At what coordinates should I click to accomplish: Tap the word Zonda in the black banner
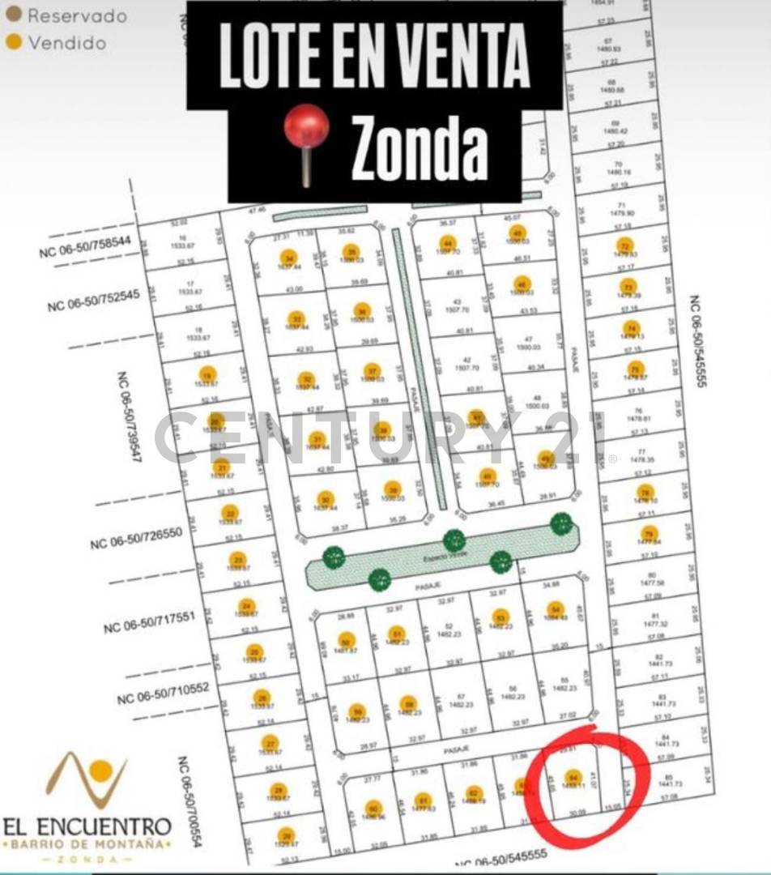click(x=420, y=149)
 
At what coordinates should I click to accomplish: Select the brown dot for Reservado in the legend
click(x=14, y=14)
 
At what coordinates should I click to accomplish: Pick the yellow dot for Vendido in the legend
click(x=14, y=42)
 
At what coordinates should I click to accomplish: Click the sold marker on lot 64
click(x=573, y=776)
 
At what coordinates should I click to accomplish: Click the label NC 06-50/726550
click(x=138, y=537)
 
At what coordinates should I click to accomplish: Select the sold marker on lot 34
click(x=288, y=258)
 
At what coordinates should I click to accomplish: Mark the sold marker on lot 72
click(x=624, y=245)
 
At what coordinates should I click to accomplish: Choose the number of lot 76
click(x=642, y=410)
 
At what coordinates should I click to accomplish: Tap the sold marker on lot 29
click(x=285, y=834)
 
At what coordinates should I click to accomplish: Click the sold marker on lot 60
click(x=373, y=808)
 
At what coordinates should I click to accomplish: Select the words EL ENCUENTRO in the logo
click(x=87, y=826)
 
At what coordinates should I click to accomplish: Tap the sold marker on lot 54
click(x=555, y=609)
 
